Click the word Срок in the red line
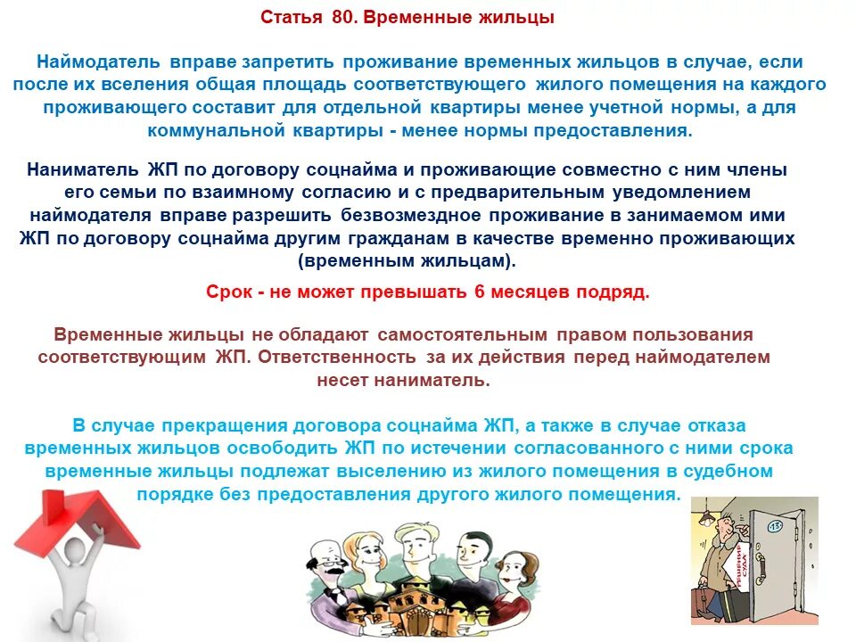point(230,292)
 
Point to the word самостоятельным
point(463,334)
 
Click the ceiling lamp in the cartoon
point(705,515)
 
